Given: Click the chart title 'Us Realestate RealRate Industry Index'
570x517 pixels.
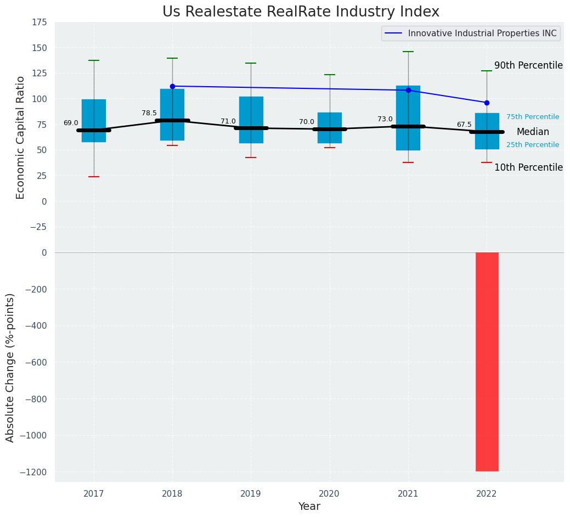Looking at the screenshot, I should tap(301, 12).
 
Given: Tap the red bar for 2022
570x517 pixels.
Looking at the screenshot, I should tap(487, 362).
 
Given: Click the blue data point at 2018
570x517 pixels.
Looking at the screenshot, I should tap(172, 86).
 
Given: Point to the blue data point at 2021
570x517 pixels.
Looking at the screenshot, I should tap(408, 90).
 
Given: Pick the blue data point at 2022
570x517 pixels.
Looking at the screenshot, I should tap(487, 103).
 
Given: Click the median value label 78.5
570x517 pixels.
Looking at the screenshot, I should tap(149, 113).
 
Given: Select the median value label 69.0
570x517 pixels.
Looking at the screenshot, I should tap(71, 123).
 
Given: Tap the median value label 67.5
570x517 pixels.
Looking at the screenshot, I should tap(464, 125).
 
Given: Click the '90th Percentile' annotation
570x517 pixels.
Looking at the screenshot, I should tap(528, 66).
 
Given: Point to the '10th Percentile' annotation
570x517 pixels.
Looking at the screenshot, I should tap(528, 168).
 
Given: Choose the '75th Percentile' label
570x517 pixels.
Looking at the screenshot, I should tap(533, 117).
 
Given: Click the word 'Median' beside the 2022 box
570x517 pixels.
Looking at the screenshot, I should tap(533, 132).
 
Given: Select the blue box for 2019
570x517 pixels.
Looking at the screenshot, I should tap(251, 120).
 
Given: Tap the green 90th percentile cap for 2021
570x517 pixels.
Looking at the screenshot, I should tap(408, 52).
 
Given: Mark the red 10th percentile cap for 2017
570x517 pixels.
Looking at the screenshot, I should tap(94, 177).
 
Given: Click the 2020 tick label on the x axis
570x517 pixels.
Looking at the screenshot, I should tap(330, 494).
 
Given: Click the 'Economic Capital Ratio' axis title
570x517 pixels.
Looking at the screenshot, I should tap(21, 137).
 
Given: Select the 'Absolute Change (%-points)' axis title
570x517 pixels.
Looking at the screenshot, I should tap(10, 367).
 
